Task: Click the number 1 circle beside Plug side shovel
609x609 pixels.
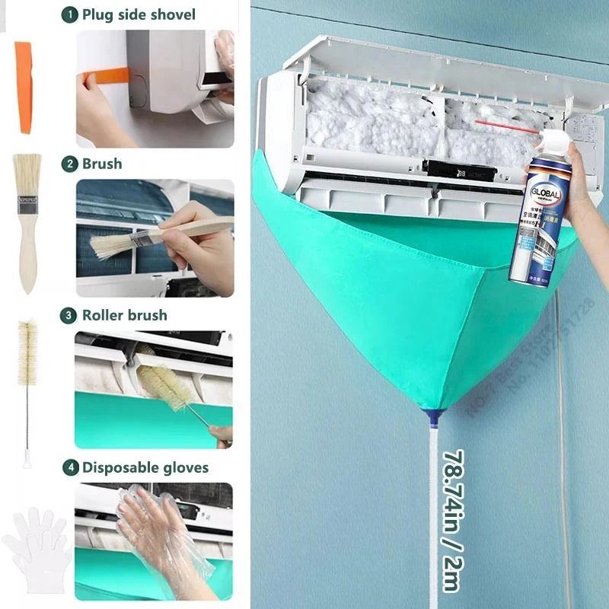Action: [x=70, y=14]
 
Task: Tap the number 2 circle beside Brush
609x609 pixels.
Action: [x=70, y=164]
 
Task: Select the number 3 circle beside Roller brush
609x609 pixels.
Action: [x=70, y=314]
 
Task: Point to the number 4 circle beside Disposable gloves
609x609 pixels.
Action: [x=70, y=467]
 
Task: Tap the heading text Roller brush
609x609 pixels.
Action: [x=125, y=314]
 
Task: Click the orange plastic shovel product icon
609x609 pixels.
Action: [x=24, y=87]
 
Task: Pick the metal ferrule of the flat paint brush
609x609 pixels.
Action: [x=28, y=206]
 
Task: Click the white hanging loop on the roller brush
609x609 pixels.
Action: [x=27, y=459]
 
